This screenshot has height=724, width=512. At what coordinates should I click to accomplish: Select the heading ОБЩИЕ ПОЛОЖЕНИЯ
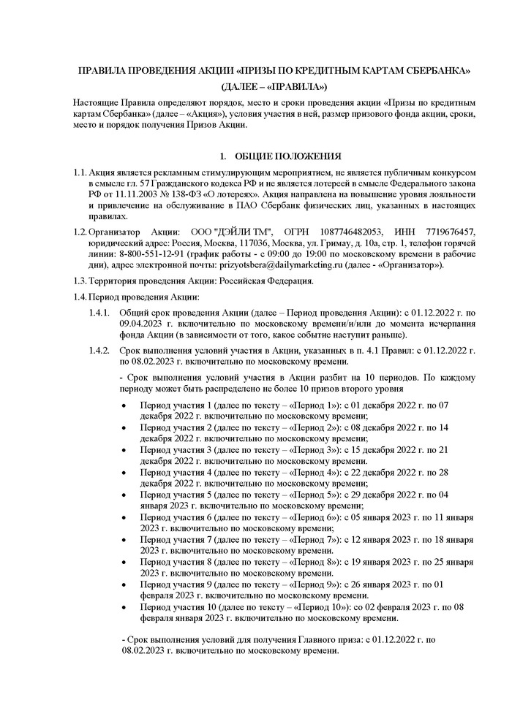[281, 156]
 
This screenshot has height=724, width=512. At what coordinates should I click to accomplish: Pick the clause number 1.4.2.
[98, 351]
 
